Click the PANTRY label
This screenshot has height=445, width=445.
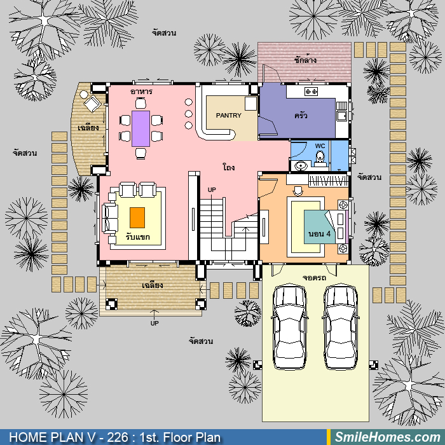(x=228, y=116)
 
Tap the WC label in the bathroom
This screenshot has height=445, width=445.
(x=320, y=146)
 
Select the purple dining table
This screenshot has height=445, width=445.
(x=140, y=128)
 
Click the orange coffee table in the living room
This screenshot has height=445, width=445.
(x=137, y=217)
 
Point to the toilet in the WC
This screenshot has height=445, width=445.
(x=320, y=158)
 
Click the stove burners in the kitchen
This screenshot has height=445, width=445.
(x=311, y=92)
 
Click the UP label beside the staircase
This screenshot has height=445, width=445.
(x=212, y=189)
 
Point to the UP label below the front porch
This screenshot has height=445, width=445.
(x=154, y=323)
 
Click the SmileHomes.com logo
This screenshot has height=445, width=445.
(x=387, y=437)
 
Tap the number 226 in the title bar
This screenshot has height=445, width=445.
(x=117, y=437)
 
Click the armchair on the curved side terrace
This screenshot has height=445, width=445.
(x=92, y=104)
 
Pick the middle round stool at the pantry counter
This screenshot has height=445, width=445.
(x=188, y=114)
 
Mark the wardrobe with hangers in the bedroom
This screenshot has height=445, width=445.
(x=328, y=181)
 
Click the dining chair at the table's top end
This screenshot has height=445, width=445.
(x=140, y=103)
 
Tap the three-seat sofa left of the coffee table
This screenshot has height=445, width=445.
(x=111, y=218)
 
